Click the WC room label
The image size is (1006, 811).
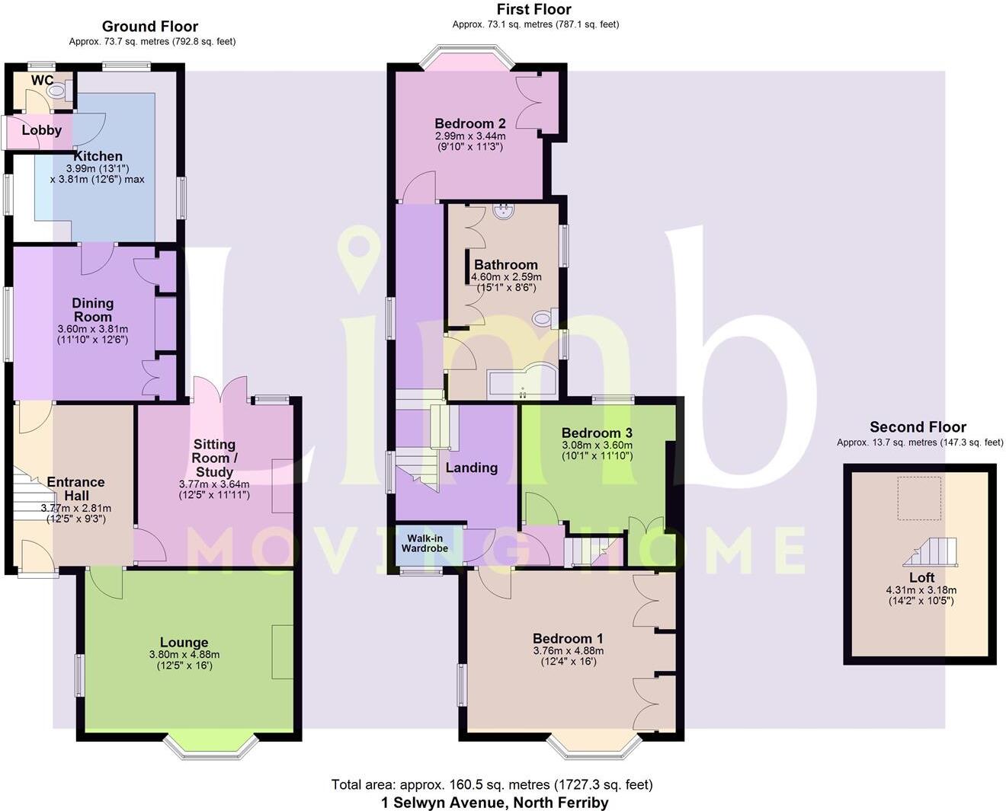[42, 81]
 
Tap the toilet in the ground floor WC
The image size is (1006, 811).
[58, 91]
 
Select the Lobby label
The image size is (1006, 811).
[41, 130]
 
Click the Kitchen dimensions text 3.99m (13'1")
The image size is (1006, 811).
[98, 168]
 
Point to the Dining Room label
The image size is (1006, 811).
[92, 310]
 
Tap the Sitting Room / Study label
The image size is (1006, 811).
[214, 458]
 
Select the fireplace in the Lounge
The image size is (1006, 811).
[282, 652]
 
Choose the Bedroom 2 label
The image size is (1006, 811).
[469, 123]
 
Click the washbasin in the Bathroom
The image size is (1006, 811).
[503, 211]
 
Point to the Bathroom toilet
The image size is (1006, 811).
[544, 317]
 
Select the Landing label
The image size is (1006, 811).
[471, 468]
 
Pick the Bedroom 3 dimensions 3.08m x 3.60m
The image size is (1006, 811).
[597, 445]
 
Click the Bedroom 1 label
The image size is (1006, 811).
[568, 638]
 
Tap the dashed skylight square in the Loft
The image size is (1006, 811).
[918, 498]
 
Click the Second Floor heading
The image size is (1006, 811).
[918, 427]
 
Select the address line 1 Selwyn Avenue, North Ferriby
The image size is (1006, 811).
[494, 802]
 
